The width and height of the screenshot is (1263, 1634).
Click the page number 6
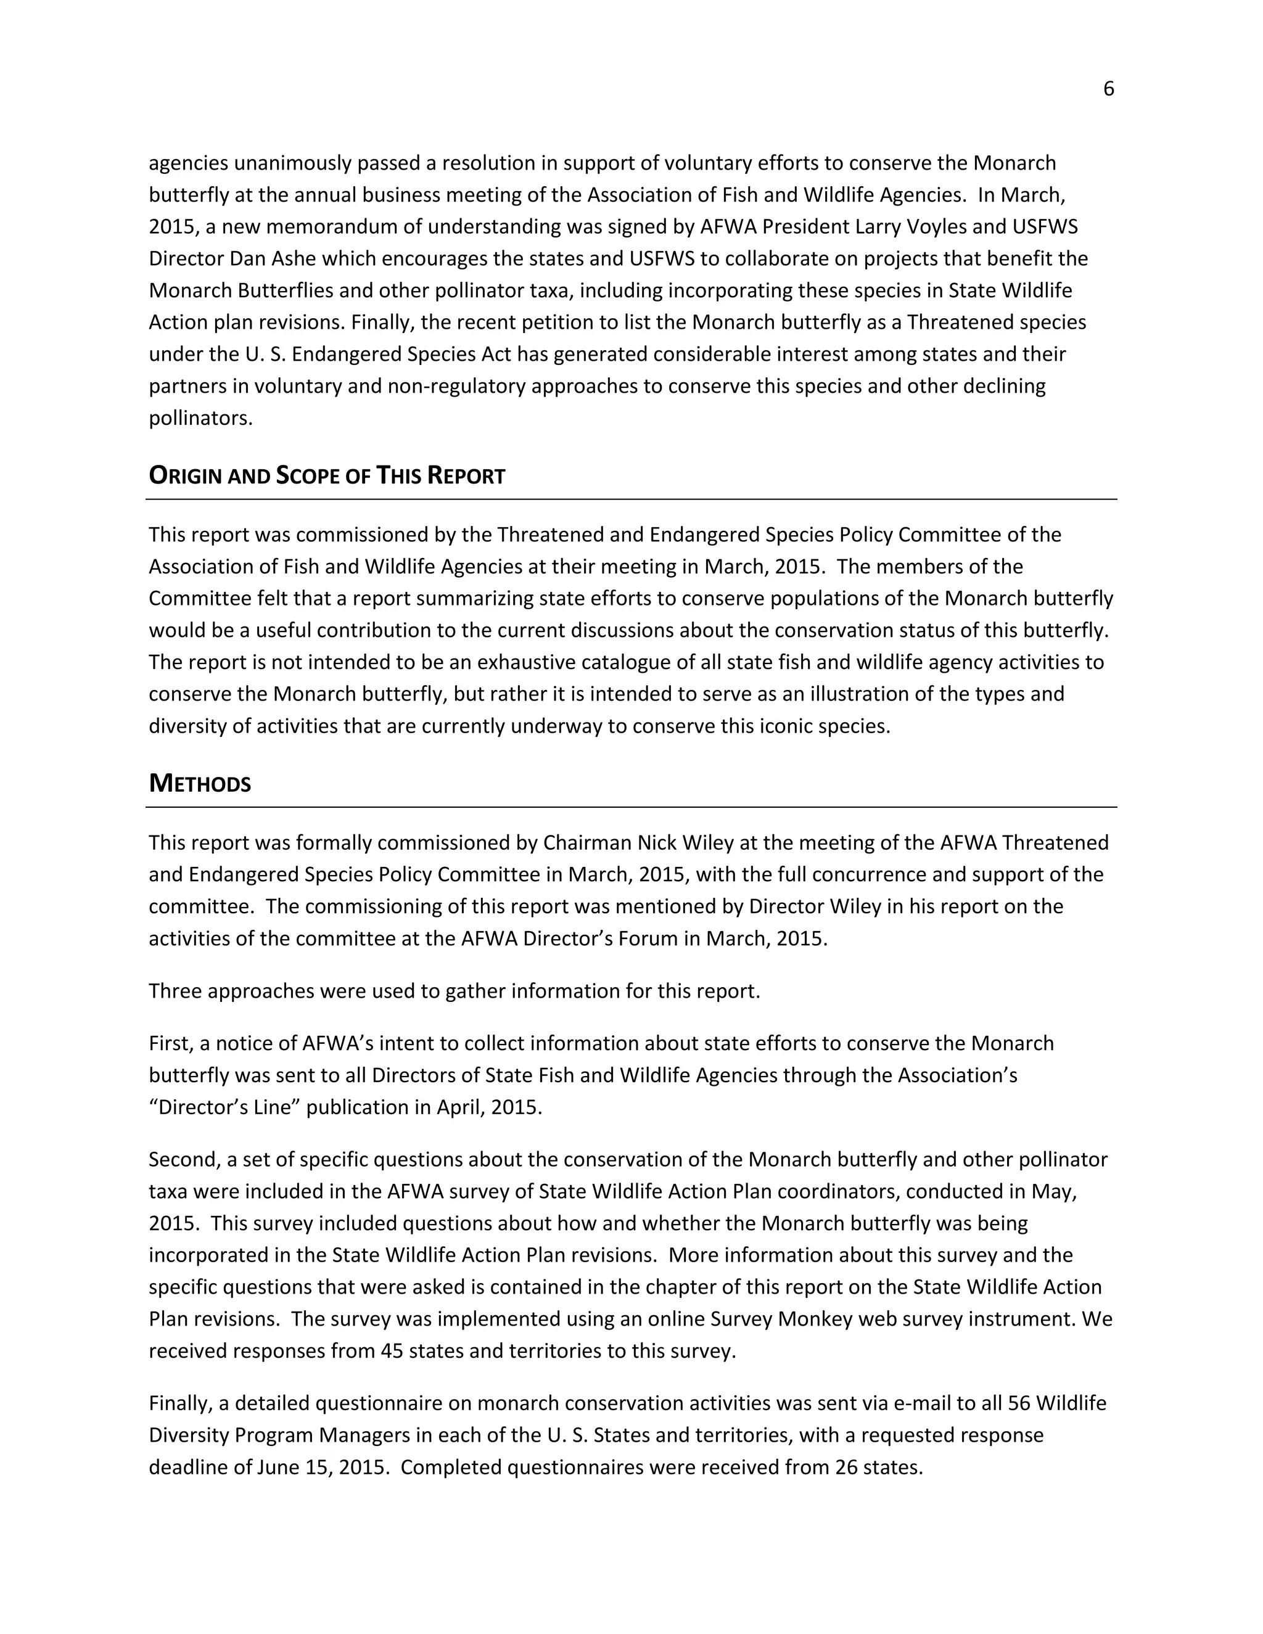click(x=1108, y=89)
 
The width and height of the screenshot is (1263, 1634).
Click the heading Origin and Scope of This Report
click(x=327, y=476)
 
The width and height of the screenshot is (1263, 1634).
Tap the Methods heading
click(x=200, y=784)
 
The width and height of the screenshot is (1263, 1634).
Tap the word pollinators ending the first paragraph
click(x=200, y=418)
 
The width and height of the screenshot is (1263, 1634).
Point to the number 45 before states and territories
click(x=393, y=1351)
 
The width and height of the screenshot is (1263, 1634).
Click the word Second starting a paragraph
click(x=183, y=1160)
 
